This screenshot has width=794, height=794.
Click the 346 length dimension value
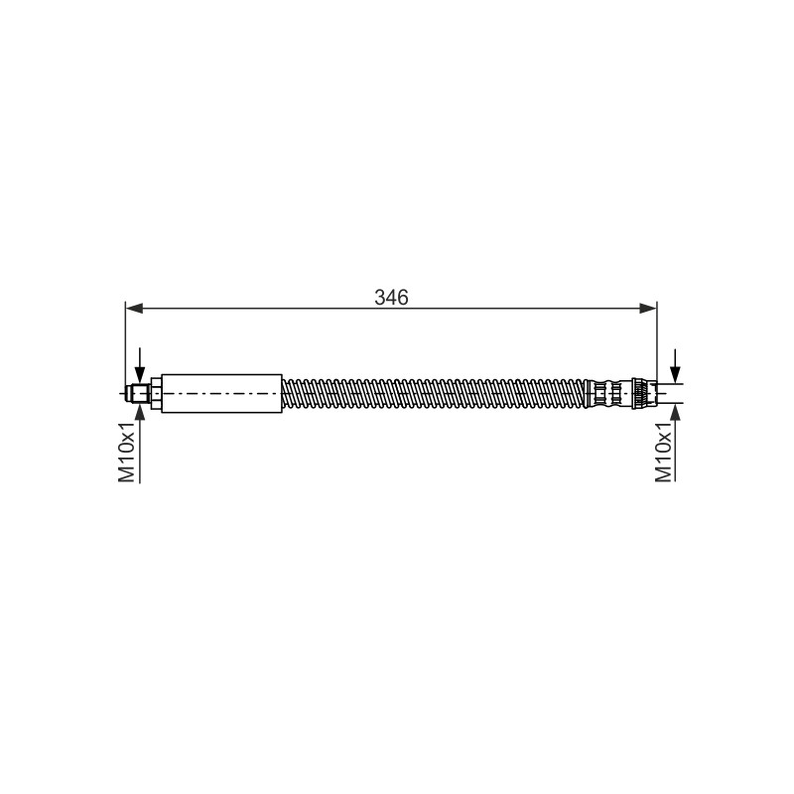(391, 297)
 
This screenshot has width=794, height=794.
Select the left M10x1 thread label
(127, 452)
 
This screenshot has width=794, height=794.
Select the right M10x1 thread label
(663, 452)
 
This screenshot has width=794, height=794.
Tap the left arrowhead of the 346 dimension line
(134, 308)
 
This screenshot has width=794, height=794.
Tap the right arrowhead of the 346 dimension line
(648, 308)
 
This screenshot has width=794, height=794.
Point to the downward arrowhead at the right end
(675, 375)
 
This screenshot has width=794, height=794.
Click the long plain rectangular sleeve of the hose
(221, 393)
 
